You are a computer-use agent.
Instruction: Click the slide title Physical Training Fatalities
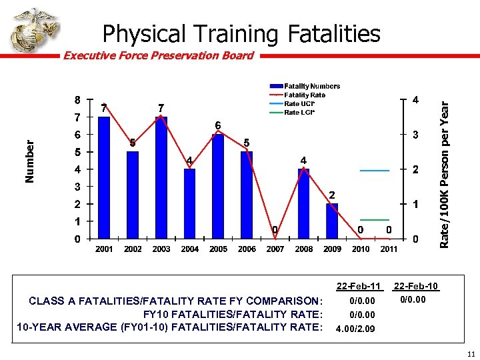(241, 33)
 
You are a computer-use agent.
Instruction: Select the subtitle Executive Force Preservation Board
(158, 56)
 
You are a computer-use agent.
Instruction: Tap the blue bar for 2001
(104, 177)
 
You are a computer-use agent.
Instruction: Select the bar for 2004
(190, 203)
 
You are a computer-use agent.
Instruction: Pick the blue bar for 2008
(304, 203)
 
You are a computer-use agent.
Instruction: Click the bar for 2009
(332, 221)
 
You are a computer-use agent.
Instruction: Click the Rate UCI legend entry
(299, 103)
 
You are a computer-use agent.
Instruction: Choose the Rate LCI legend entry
(299, 112)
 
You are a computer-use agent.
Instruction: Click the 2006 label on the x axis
(247, 249)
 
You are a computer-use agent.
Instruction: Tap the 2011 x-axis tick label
(389, 249)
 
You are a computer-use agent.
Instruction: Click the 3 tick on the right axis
(415, 135)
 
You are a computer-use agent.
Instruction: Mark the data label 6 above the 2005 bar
(217, 125)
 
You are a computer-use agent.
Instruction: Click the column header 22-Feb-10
(416, 287)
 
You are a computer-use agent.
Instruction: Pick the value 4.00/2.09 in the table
(355, 329)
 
